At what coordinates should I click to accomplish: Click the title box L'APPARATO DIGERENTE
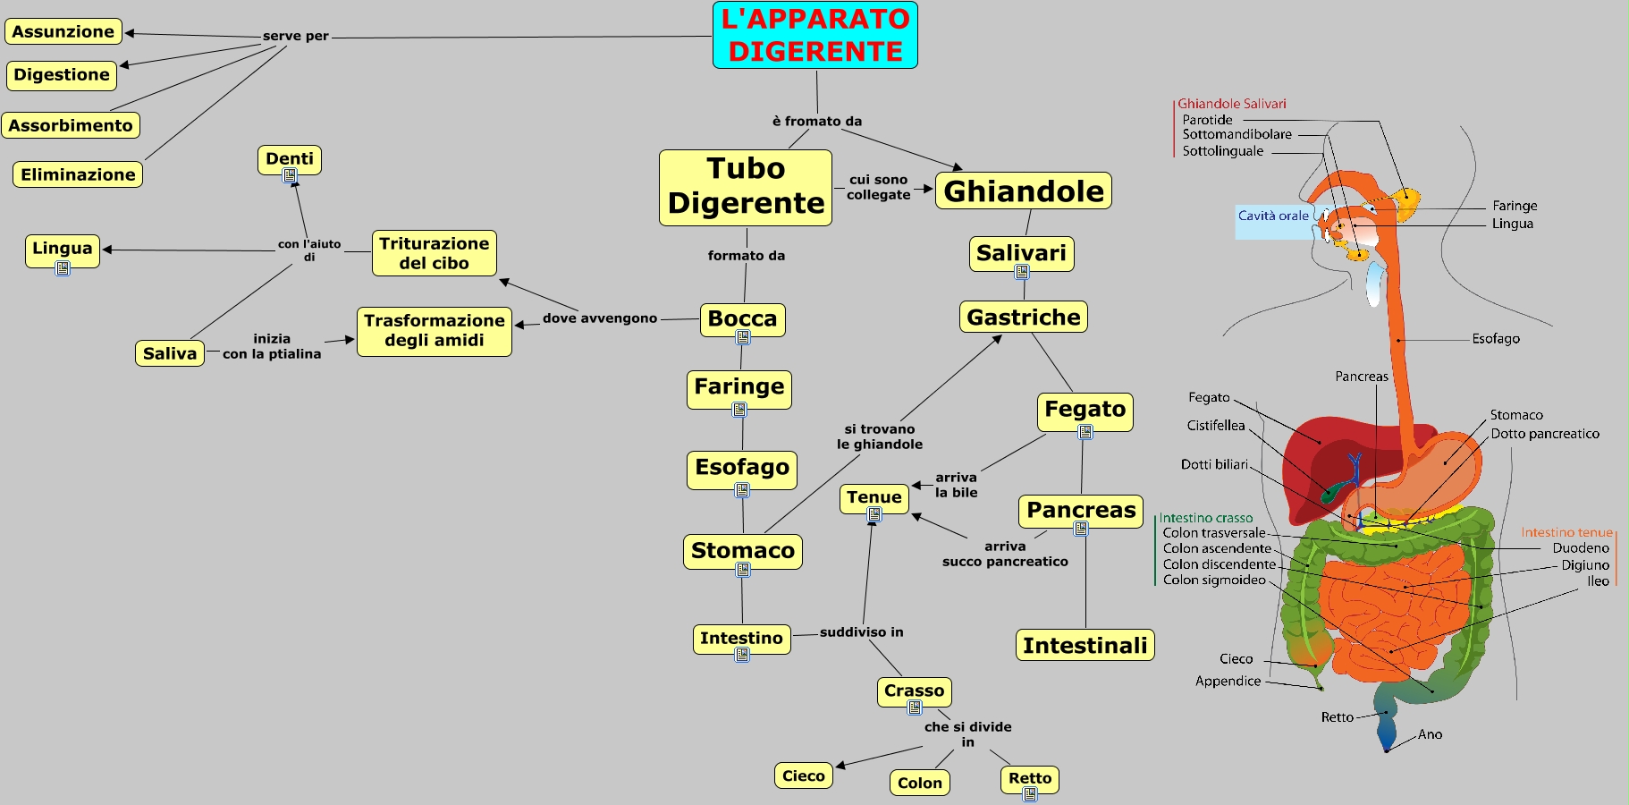[814, 35]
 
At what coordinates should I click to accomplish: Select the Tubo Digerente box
[746, 187]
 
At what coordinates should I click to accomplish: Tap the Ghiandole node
[1023, 191]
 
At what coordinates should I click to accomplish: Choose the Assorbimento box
[71, 125]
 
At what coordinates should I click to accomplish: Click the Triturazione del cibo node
[434, 253]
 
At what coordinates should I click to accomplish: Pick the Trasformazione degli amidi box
[434, 331]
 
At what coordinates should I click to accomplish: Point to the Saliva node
[169, 353]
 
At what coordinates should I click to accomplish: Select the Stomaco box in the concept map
[742, 551]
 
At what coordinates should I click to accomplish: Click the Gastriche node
[1023, 318]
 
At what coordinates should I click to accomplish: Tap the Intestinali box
[1085, 646]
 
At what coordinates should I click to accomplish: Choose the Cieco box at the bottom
[803, 775]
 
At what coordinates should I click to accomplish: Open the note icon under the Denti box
[290, 176]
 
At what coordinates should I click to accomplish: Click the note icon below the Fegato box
[1085, 433]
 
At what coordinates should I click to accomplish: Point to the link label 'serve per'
[295, 37]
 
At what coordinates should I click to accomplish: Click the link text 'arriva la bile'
[956, 485]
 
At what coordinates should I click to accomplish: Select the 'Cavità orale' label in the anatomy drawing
[1272, 216]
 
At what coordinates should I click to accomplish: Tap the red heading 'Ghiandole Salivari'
[1231, 104]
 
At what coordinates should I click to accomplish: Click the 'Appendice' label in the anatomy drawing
[1228, 681]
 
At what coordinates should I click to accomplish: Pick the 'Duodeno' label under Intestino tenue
[1580, 548]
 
